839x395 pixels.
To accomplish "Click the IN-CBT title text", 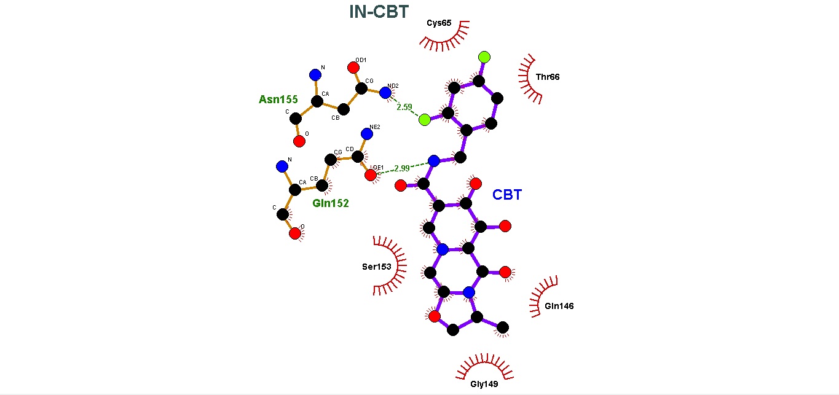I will point(378,12).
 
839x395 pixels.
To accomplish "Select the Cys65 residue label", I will point(439,23).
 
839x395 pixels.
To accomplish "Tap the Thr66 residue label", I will point(548,77).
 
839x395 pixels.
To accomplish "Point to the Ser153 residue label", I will point(376,267).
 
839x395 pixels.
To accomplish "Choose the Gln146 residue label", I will point(559,306).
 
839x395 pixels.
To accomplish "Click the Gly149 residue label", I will point(484,385).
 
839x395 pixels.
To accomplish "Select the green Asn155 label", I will point(278,100).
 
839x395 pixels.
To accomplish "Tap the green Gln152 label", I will point(330,203).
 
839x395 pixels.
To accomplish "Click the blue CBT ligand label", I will point(507,195).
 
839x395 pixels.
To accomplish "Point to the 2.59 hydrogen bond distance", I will point(404,107).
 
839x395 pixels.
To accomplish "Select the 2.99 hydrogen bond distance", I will point(401,168).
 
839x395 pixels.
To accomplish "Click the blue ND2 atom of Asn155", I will point(385,93).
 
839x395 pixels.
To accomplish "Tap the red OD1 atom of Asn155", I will point(353,67).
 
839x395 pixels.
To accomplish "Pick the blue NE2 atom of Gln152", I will point(367,133).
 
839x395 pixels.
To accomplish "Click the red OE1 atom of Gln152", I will point(371,176).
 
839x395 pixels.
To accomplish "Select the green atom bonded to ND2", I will point(424,119).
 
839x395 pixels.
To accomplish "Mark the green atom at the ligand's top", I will point(484,57).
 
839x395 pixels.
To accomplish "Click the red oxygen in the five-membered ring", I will point(435,316).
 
